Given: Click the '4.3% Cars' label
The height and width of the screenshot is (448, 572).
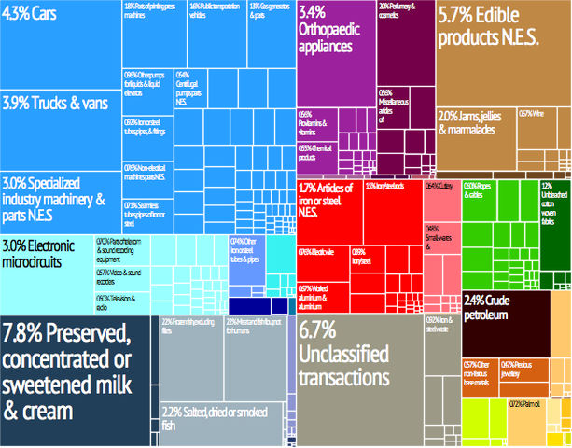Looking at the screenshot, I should [x=34, y=16].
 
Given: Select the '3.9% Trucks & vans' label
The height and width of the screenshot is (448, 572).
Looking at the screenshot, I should [x=55, y=101].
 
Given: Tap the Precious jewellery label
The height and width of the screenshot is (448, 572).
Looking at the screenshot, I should [x=523, y=369].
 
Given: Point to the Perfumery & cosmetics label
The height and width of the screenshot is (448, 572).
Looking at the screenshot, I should [x=403, y=11].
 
